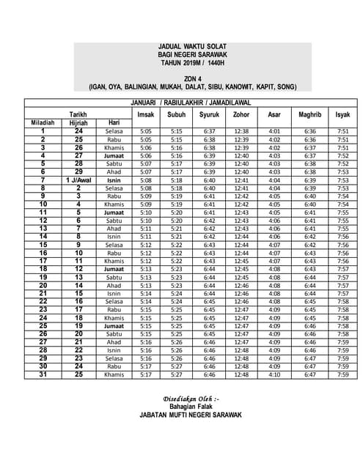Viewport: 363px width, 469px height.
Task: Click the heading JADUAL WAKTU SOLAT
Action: (x=192, y=46)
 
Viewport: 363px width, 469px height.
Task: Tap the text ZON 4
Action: (x=193, y=78)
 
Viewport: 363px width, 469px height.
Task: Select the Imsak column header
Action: (x=145, y=114)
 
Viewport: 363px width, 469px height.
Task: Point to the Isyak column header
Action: (x=342, y=114)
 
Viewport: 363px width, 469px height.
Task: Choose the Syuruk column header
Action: (x=209, y=114)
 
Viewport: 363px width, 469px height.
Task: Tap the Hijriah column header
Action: (x=78, y=122)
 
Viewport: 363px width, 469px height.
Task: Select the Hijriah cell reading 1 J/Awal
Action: (x=78, y=180)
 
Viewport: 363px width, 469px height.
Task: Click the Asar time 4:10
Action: (x=274, y=374)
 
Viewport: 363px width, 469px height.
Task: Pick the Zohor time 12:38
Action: (x=241, y=131)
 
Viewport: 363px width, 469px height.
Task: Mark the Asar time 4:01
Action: (x=274, y=131)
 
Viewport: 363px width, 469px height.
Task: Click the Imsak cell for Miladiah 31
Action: (x=145, y=374)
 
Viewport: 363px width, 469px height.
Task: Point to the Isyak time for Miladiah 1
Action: (x=342, y=131)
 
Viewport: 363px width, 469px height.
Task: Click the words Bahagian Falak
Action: (x=190, y=405)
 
